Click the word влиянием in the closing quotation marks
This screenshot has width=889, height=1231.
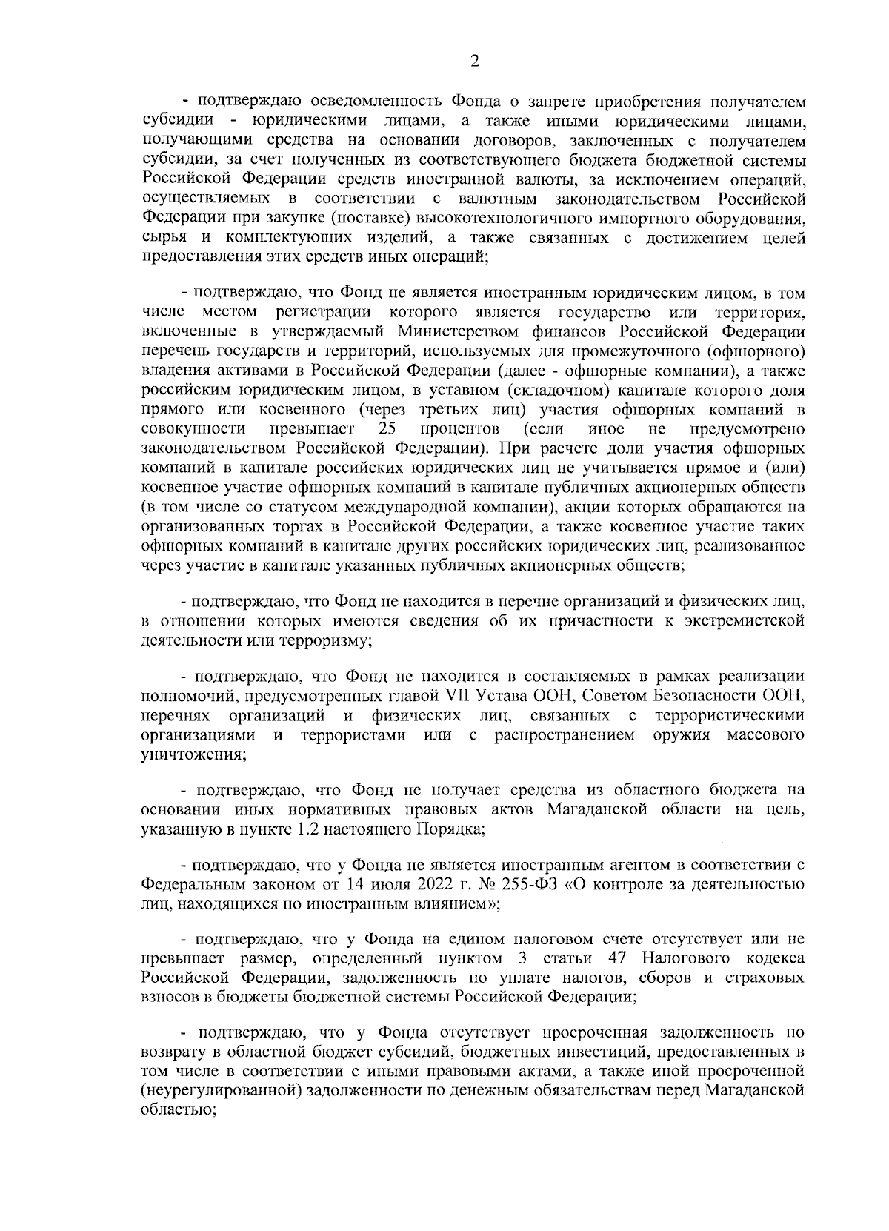click(449, 904)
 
